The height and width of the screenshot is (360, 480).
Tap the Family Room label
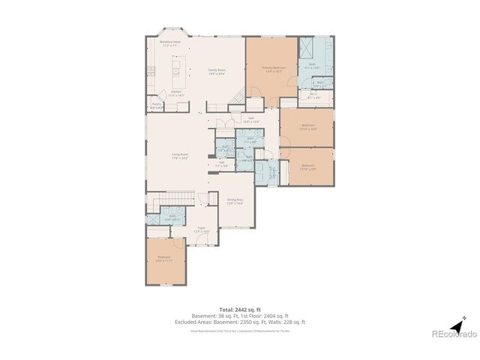coord(217,71)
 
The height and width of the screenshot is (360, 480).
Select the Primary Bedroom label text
coord(271,70)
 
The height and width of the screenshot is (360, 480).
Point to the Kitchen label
coord(175,94)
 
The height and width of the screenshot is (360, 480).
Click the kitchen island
coord(177,73)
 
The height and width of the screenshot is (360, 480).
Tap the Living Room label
coord(179,156)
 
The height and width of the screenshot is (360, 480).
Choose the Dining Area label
coord(235,201)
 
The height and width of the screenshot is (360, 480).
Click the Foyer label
coord(202,229)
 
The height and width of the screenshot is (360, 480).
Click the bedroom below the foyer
coord(164,259)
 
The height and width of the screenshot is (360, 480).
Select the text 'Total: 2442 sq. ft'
coord(240,309)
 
